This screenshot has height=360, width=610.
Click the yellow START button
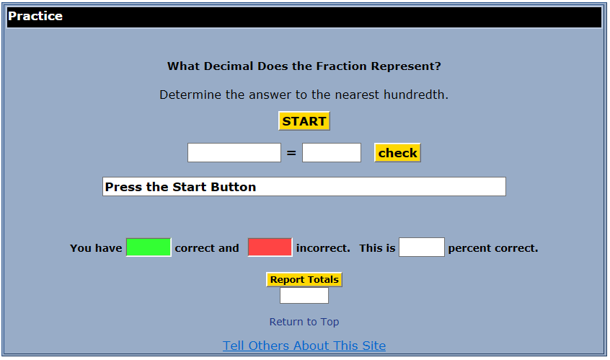tap(304, 121)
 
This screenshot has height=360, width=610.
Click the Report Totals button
tap(304, 279)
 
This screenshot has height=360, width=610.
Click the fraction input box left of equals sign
tap(234, 152)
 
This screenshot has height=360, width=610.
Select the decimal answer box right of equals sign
tap(332, 152)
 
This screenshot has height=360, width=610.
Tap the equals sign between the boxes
tap(291, 153)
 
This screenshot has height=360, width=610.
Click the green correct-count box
tap(149, 247)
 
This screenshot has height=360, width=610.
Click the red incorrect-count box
tap(270, 247)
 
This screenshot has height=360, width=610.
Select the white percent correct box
tap(422, 247)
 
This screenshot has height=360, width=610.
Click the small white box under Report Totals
tap(304, 295)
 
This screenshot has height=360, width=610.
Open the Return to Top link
tap(304, 322)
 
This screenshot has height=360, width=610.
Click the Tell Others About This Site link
tap(304, 346)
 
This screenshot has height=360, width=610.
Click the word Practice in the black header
tap(35, 16)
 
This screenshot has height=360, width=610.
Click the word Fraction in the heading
tap(342, 66)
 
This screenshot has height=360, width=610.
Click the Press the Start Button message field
tap(304, 186)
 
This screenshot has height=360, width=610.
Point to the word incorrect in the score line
tap(323, 248)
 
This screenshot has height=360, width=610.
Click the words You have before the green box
tap(96, 248)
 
